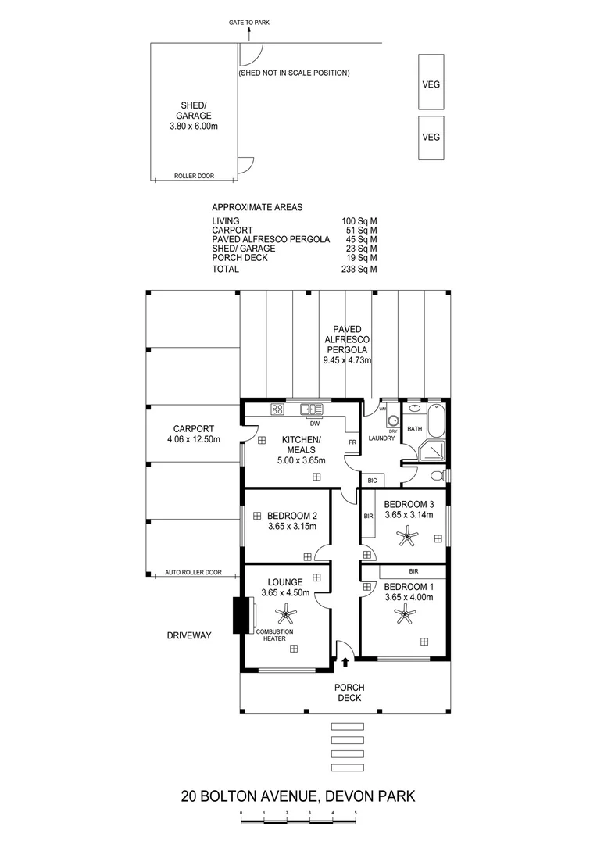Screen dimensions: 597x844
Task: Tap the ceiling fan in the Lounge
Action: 286,612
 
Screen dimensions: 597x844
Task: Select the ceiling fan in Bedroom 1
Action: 404,613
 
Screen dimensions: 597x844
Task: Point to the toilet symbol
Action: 439,477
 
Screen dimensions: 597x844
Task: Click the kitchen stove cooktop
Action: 277,409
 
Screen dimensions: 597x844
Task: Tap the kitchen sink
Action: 312,409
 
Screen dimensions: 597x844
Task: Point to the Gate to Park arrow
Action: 249,34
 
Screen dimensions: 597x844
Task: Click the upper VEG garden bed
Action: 431,81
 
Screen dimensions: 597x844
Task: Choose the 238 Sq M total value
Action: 359,269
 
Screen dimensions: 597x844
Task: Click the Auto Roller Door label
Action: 193,572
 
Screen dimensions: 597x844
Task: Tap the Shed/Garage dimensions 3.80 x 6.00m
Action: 194,127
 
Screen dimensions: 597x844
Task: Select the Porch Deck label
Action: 349,692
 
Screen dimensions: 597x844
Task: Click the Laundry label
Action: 381,438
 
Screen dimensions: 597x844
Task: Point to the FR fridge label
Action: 352,442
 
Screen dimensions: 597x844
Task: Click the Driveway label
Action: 189,635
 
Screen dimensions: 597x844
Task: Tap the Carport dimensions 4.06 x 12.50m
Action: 194,439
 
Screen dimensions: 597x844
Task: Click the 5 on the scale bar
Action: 356,813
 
